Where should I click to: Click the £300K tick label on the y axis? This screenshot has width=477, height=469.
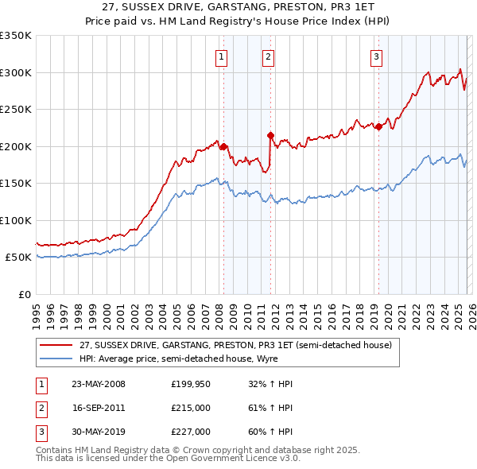[16, 72]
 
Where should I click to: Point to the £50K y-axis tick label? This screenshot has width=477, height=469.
[18, 258]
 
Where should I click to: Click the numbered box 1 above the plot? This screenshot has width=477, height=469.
[220, 56]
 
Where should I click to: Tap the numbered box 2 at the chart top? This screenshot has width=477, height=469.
[269, 56]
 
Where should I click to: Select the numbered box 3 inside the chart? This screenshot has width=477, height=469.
[375, 56]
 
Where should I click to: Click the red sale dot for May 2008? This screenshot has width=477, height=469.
[223, 146]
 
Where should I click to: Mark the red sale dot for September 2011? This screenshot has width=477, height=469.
[270, 135]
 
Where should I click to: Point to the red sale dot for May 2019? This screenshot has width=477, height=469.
[378, 126]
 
